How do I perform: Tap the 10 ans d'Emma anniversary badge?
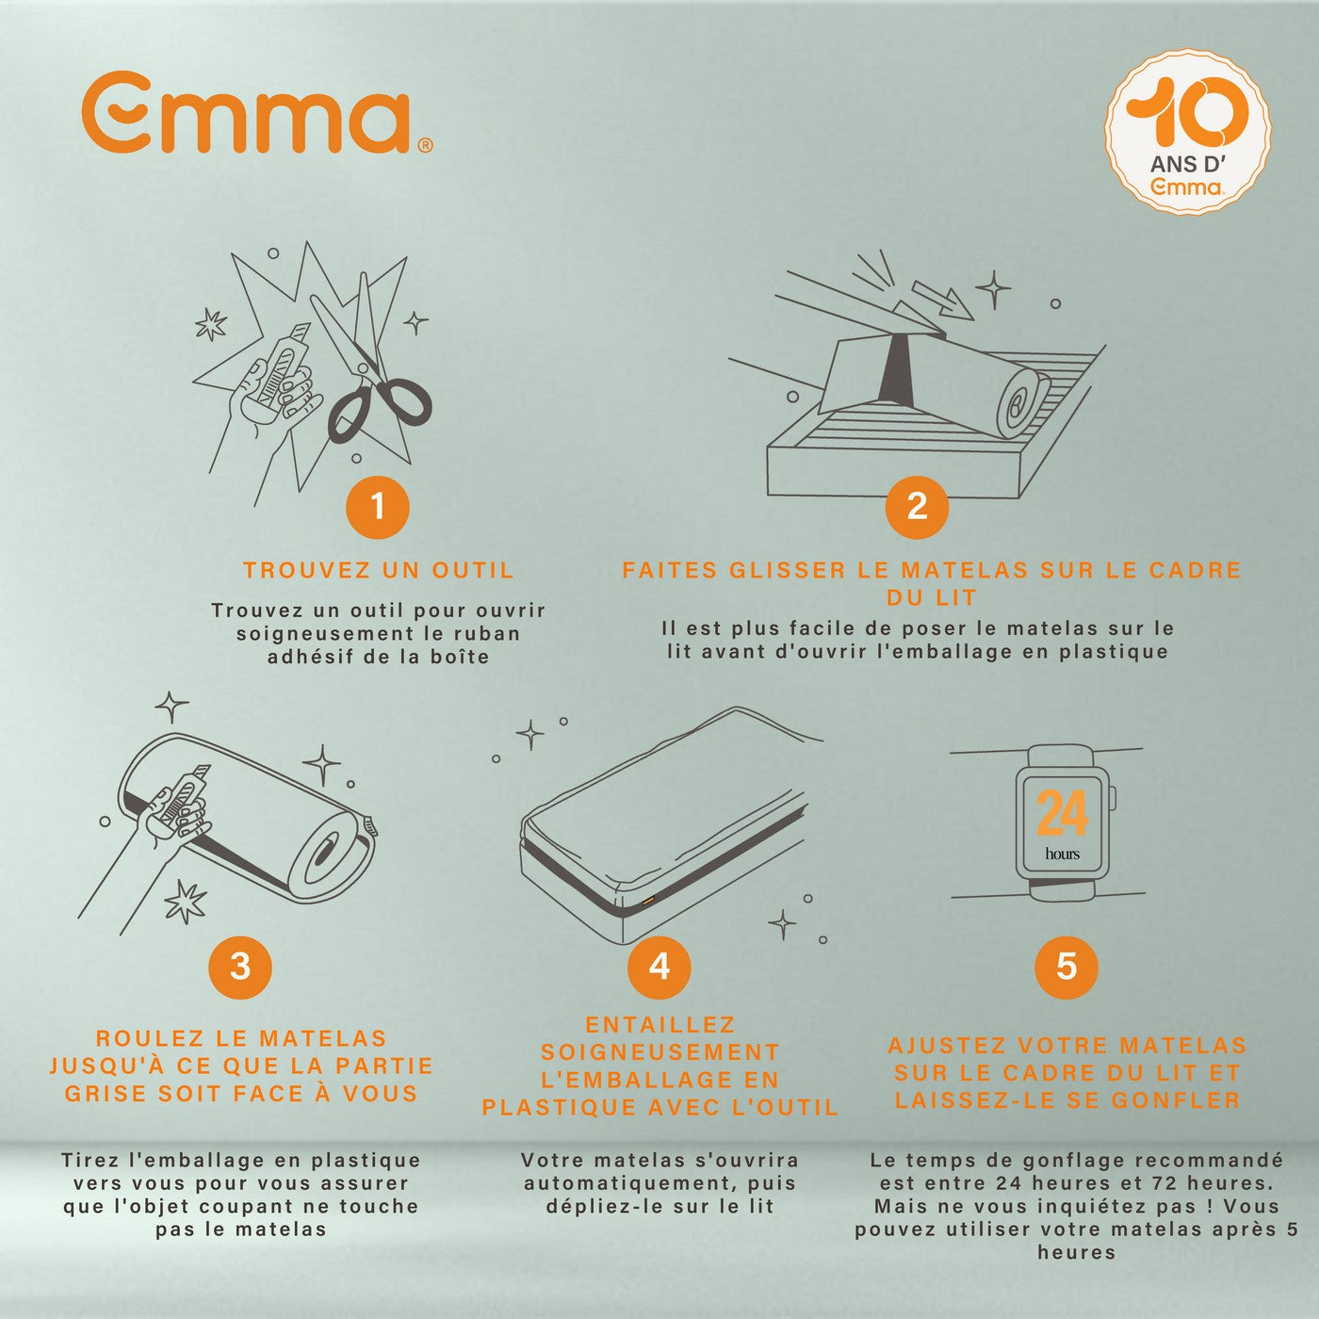coord(1187,132)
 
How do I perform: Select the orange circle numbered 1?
coord(378,507)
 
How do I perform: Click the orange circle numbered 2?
coord(917,507)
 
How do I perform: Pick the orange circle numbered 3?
coord(240,967)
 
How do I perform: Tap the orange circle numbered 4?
coord(659,967)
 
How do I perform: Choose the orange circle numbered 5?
coord(1066,967)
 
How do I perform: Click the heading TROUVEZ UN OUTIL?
coord(378,570)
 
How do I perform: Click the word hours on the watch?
coord(1062,854)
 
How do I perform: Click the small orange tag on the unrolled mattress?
coord(647,902)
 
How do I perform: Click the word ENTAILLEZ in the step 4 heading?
coord(659,1025)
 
